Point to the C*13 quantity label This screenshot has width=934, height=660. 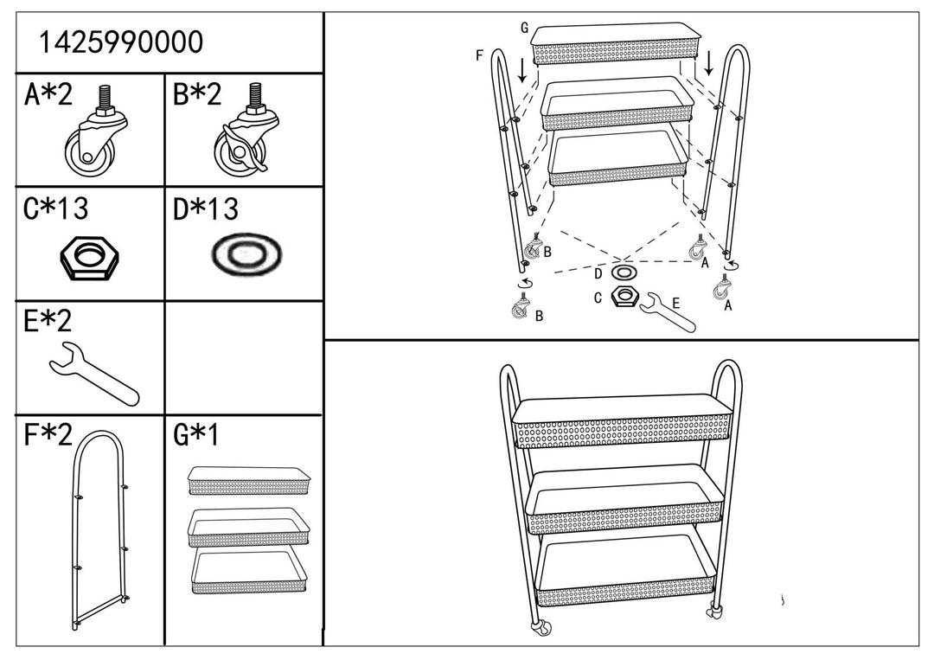pos(57,209)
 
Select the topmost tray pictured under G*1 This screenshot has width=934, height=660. pos(249,480)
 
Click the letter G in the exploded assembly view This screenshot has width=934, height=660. pos(524,28)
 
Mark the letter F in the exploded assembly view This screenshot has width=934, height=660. pos(478,56)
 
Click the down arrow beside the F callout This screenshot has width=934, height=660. pos(522,71)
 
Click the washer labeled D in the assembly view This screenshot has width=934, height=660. pos(622,273)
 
